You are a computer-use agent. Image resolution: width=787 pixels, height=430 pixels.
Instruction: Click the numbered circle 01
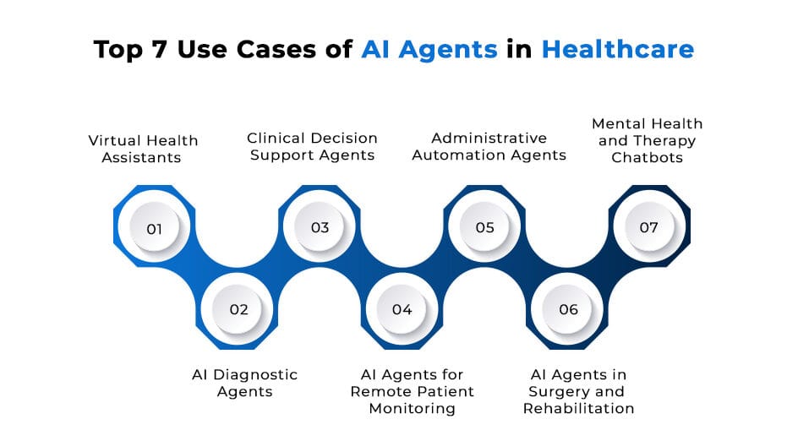(x=154, y=228)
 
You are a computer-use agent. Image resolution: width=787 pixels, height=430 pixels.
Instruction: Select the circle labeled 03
(x=319, y=228)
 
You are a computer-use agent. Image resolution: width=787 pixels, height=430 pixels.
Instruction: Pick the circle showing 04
(x=402, y=309)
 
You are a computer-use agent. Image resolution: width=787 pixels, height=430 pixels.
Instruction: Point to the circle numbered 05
(x=484, y=228)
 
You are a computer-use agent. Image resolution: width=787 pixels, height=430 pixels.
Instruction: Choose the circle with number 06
(x=568, y=309)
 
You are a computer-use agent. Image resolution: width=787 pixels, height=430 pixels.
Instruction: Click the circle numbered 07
(x=648, y=228)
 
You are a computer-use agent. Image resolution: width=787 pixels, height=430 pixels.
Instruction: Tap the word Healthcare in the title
(x=617, y=49)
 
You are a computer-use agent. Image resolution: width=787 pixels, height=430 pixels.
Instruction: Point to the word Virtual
(x=112, y=140)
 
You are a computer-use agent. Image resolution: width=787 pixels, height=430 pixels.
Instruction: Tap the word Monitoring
(x=413, y=408)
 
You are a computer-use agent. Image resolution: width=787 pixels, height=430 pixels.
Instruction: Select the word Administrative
(x=489, y=138)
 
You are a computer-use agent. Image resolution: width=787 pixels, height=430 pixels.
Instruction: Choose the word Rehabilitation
(x=578, y=408)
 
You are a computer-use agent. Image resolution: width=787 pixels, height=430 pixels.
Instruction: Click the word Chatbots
(x=647, y=157)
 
